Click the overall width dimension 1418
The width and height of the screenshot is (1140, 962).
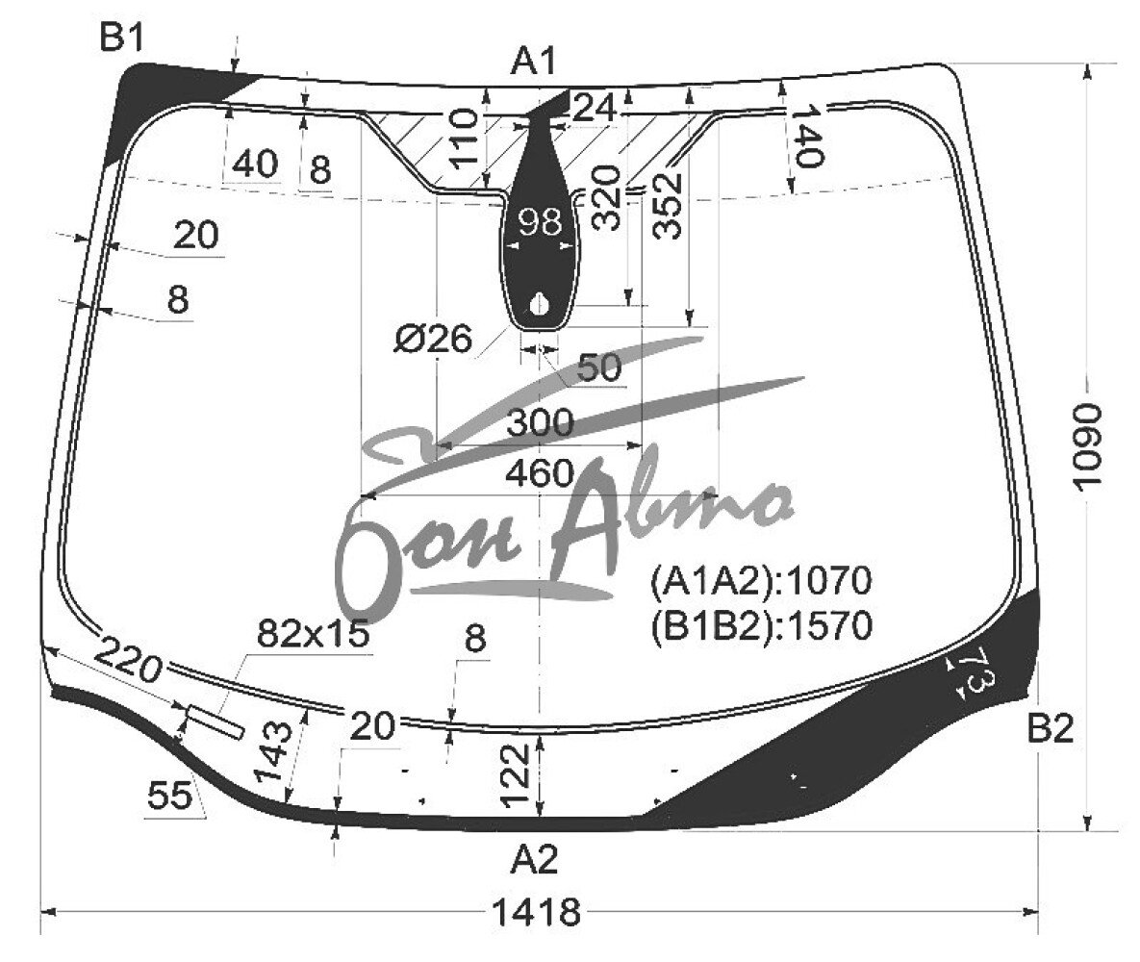tap(537, 911)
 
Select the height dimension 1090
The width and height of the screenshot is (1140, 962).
tap(1088, 446)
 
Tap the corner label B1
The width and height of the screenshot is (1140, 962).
tap(122, 38)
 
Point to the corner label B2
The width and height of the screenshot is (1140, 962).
tap(1050, 728)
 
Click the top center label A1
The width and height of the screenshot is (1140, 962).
tap(534, 61)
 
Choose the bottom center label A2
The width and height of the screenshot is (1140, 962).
tap(534, 860)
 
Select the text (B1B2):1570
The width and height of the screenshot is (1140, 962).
tap(761, 625)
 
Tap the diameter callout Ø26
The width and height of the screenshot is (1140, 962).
tap(434, 339)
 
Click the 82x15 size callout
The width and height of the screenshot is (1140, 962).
tap(314, 634)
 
